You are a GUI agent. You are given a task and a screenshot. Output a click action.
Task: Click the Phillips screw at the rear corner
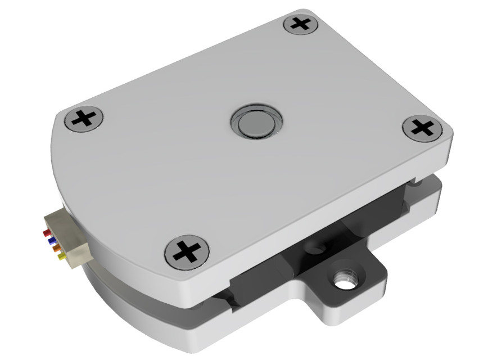[302, 24]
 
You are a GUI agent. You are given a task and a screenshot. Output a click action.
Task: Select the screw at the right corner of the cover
[422, 128]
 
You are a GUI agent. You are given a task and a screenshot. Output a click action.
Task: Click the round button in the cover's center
[255, 121]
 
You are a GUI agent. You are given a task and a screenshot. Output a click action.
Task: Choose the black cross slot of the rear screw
[302, 24]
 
